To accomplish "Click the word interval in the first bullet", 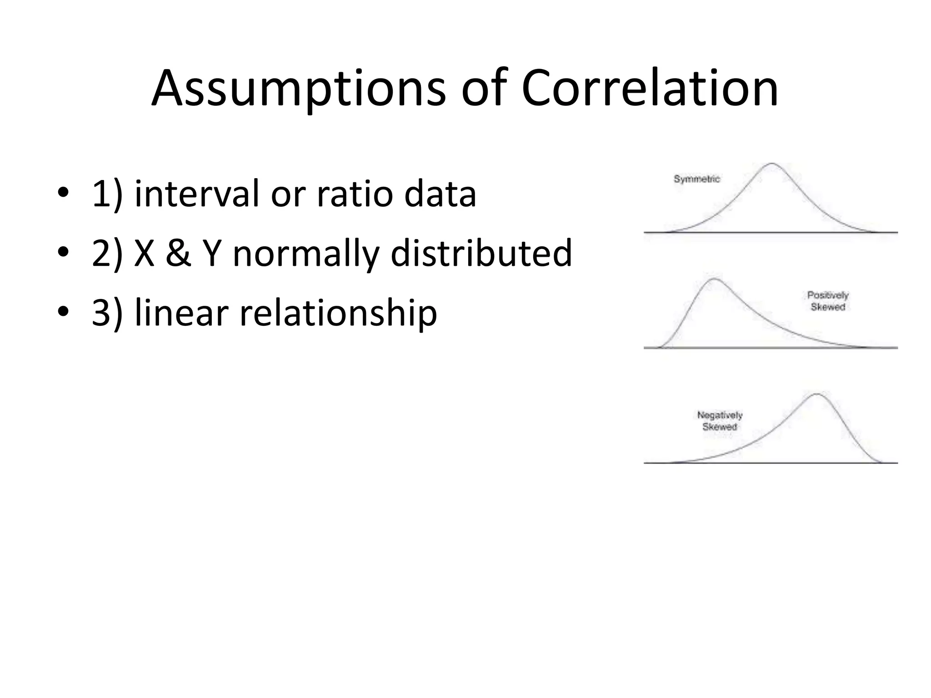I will click(195, 194).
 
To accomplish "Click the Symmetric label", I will click(696, 179).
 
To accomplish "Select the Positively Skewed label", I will click(827, 301).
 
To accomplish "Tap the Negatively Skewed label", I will click(719, 421).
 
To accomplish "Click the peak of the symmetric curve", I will click(771, 164).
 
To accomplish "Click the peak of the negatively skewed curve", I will click(817, 394).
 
